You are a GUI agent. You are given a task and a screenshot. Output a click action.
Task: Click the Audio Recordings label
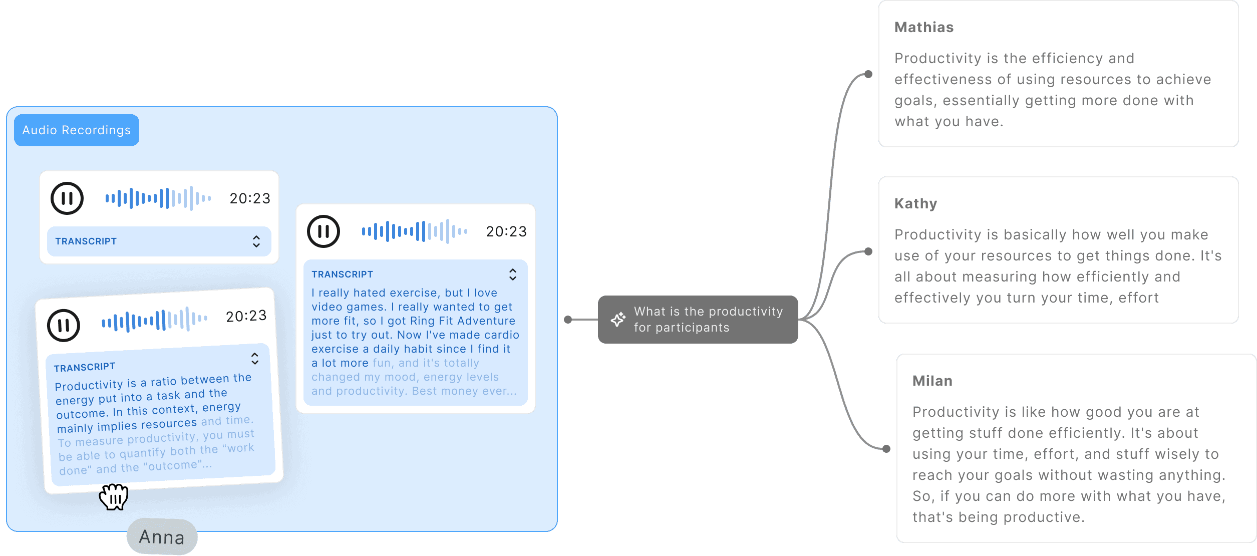coord(76,130)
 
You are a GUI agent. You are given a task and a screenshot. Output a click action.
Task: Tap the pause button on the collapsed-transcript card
coord(67,198)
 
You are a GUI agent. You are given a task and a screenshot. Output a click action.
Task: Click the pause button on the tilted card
coord(64,326)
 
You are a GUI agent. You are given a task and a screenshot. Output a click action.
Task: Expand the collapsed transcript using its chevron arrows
coord(256,241)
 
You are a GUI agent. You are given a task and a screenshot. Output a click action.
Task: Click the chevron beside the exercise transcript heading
coord(512,274)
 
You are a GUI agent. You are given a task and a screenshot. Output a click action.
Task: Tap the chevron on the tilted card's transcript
coord(255,358)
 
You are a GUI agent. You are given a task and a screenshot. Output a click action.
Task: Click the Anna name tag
coord(162,537)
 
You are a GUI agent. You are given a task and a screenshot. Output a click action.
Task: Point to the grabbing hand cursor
coord(114,496)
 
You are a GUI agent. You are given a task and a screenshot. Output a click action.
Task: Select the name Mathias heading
coord(924,28)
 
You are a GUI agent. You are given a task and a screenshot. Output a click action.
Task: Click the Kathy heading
coord(915,204)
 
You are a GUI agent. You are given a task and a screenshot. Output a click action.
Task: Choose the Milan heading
coord(932,381)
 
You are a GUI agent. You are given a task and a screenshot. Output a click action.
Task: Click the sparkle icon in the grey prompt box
coord(618,319)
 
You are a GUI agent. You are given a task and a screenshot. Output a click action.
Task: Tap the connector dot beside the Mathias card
coord(868,75)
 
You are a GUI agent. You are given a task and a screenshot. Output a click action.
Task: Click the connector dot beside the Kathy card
coord(868,251)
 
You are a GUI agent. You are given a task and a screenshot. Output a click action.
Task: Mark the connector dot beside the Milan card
coord(886,448)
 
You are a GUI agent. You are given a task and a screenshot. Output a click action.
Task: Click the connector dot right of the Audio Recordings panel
coord(568,320)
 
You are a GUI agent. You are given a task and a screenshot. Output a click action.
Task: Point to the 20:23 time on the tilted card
coord(246,316)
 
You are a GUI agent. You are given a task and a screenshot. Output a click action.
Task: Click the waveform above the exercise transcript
coord(415,231)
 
